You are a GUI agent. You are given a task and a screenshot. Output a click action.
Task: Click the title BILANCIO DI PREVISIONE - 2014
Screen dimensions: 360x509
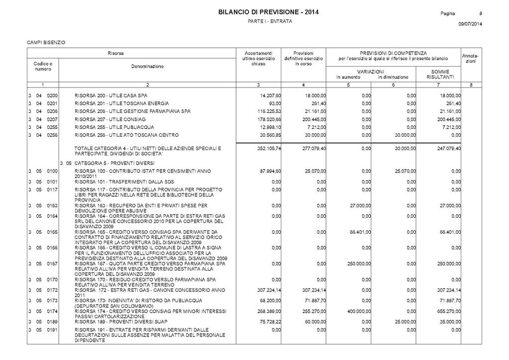pyautogui.click(x=268, y=12)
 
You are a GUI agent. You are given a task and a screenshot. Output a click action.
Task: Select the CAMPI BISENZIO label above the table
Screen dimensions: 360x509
pyautogui.click(x=46, y=42)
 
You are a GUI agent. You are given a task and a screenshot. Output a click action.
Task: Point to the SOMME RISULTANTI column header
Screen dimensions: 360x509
pyautogui.click(x=439, y=75)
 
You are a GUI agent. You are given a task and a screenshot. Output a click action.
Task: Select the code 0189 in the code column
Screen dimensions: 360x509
pyautogui.click(x=52, y=322)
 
